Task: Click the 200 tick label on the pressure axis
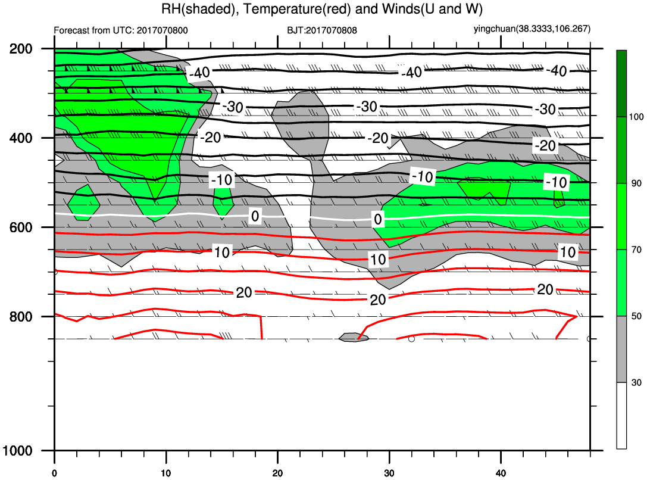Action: point(21,49)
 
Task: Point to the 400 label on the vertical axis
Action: point(21,138)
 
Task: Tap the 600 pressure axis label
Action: point(21,227)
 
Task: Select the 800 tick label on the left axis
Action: point(21,317)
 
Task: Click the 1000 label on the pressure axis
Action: point(17,451)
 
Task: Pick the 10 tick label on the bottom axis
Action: point(166,473)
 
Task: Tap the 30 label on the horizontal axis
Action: point(389,473)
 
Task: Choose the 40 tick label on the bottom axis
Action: point(501,473)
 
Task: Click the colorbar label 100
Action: point(636,117)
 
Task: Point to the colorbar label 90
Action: point(636,183)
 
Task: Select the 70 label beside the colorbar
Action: point(636,250)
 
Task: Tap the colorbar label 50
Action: point(636,316)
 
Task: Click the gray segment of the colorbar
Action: point(621,349)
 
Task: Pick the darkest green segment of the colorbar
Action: point(621,83)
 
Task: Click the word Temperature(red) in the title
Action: point(297,9)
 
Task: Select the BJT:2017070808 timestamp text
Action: point(322,30)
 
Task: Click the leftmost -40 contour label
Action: point(200,73)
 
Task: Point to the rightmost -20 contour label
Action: point(545,146)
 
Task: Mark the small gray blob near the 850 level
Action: point(354,337)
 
